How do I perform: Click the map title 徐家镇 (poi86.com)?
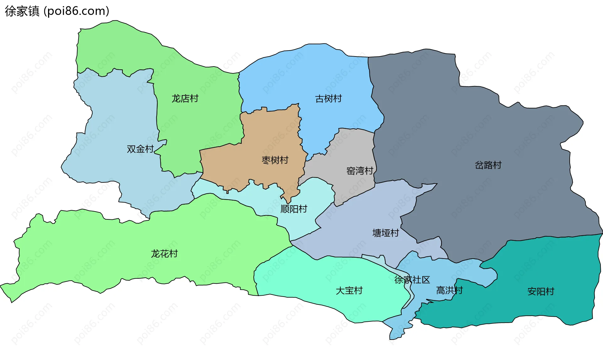pyautogui.click(x=57, y=11)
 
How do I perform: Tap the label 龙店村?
pyautogui.click(x=185, y=99)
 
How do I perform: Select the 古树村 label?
pyautogui.click(x=328, y=99)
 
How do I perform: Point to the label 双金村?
pyautogui.click(x=140, y=149)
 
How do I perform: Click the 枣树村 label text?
pyautogui.click(x=275, y=160)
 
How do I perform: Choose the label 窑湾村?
pyautogui.click(x=360, y=171)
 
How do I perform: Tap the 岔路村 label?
pyautogui.click(x=488, y=165)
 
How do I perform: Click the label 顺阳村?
pyautogui.click(x=294, y=209)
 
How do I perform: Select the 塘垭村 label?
pyautogui.click(x=385, y=233)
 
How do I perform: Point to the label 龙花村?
pyautogui.click(x=164, y=254)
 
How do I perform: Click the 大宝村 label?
pyautogui.click(x=349, y=291)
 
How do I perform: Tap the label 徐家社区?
pyautogui.click(x=412, y=280)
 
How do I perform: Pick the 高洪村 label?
pyautogui.click(x=449, y=290)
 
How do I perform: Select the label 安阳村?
pyautogui.click(x=541, y=292)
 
